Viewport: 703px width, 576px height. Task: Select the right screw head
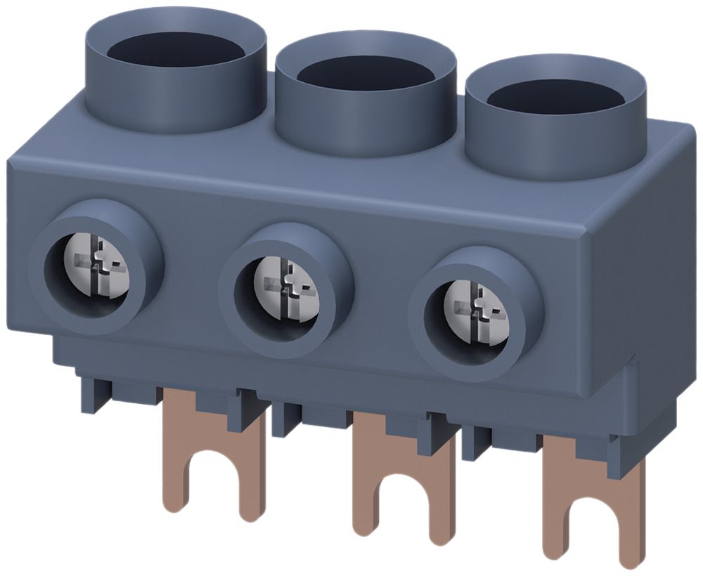[475, 310]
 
